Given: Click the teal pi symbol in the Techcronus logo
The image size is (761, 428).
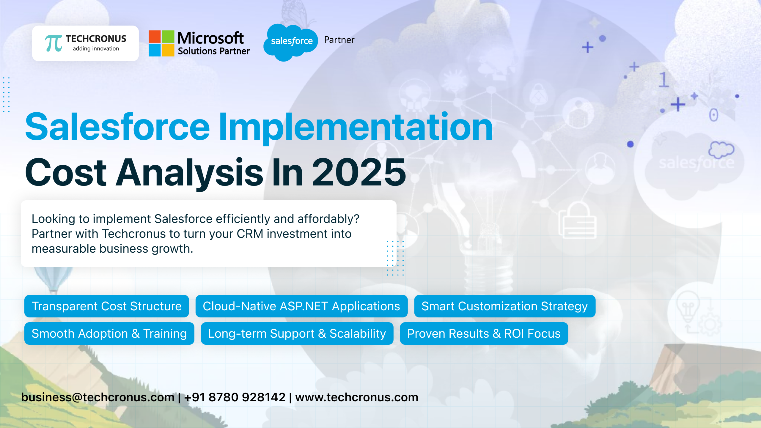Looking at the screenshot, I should [54, 43].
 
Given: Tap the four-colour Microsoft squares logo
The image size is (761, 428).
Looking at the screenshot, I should [161, 43].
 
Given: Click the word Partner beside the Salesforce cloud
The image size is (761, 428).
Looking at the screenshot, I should [339, 40].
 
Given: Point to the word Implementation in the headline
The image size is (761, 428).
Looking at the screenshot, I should [356, 127].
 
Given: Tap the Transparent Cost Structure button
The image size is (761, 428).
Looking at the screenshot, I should [106, 306].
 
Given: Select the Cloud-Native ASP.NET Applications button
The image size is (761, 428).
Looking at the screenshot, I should [301, 306].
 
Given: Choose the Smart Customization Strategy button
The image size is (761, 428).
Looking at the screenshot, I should [504, 306].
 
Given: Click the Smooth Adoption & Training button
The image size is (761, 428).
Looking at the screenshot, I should [109, 333].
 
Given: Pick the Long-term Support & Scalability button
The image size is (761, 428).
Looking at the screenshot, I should [297, 333].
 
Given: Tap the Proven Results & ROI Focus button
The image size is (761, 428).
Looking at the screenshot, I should [484, 333].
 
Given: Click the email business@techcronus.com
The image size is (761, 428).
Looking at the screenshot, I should [98, 397].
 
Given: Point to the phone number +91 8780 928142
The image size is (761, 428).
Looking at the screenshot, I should [235, 397].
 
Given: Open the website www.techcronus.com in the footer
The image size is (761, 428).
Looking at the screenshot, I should [356, 397].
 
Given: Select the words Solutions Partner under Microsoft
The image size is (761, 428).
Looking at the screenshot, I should [213, 51].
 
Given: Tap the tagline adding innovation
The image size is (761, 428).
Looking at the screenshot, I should [96, 48].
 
